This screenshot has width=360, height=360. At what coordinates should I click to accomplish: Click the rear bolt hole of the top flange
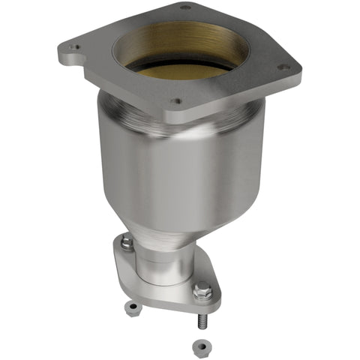click(x=185, y=7)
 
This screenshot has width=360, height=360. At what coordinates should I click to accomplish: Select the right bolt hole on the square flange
click(x=283, y=67)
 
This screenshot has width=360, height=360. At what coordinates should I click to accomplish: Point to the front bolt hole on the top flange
click(x=175, y=100)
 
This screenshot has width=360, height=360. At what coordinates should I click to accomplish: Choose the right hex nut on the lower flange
click(x=202, y=289)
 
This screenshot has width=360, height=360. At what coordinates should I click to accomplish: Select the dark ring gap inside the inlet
click(x=184, y=66)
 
